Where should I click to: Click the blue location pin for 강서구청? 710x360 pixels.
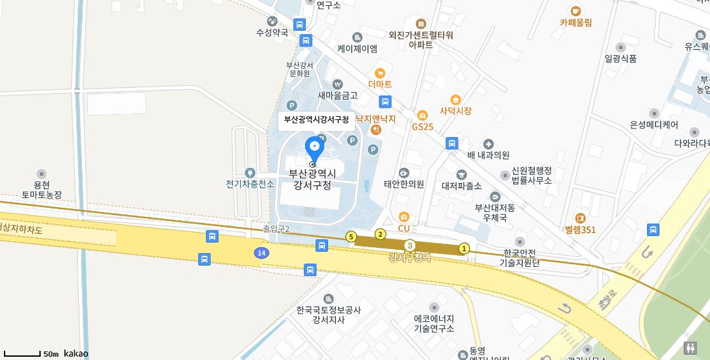(315, 148)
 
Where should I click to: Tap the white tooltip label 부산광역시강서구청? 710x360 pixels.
(316, 119)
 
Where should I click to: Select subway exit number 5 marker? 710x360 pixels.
(351, 237)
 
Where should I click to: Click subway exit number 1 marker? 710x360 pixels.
(464, 249)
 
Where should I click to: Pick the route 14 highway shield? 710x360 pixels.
(261, 252)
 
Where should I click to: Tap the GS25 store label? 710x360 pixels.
(423, 127)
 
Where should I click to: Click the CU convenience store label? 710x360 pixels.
(404, 228)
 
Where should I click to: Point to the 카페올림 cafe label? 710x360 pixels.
(575, 22)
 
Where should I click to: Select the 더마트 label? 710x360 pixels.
(380, 84)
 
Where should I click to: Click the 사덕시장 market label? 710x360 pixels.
(456, 111)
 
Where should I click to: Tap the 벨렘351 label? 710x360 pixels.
(580, 230)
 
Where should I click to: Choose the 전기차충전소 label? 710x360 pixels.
(250, 184)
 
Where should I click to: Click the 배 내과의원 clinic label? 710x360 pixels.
(488, 155)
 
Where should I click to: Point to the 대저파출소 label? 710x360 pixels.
(461, 186)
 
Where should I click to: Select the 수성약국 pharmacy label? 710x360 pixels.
(272, 32)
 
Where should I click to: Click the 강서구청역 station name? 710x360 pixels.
(409, 258)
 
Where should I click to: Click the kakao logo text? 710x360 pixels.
(75, 353)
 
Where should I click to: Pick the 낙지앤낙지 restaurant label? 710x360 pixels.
(375, 119)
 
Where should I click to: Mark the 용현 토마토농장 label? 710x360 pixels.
(41, 190)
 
